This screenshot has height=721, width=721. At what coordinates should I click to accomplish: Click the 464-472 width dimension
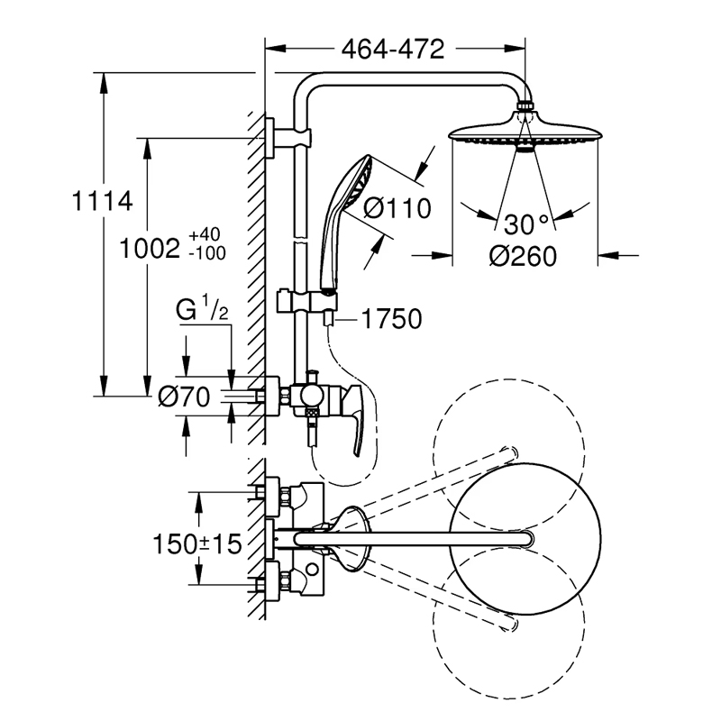pyautogui.click(x=393, y=49)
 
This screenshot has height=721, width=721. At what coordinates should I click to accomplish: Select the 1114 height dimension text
pyautogui.click(x=103, y=201)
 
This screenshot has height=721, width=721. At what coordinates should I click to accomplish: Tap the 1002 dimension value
pyautogui.click(x=150, y=250)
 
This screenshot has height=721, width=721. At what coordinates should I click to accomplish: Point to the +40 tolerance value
pyautogui.click(x=205, y=234)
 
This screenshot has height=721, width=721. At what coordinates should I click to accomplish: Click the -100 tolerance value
pyautogui.click(x=207, y=253)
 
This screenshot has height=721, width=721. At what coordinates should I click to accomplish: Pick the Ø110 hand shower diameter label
pyautogui.click(x=397, y=208)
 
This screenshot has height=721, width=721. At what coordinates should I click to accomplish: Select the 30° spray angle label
pyautogui.click(x=526, y=224)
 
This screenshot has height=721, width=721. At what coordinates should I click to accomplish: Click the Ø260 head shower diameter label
pyautogui.click(x=523, y=256)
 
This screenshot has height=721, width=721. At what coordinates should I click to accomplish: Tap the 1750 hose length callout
pyautogui.click(x=392, y=319)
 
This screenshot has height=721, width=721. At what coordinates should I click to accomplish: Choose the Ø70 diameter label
pyautogui.click(x=184, y=397)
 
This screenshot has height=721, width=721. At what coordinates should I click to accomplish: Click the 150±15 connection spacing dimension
pyautogui.click(x=196, y=544)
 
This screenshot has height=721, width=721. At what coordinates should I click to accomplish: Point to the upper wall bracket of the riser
pyautogui.click(x=287, y=138)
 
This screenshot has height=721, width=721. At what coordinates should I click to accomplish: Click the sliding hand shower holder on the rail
pyautogui.click(x=306, y=301)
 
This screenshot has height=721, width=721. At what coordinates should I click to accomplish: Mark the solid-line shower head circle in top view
pyautogui.click(x=525, y=537)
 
